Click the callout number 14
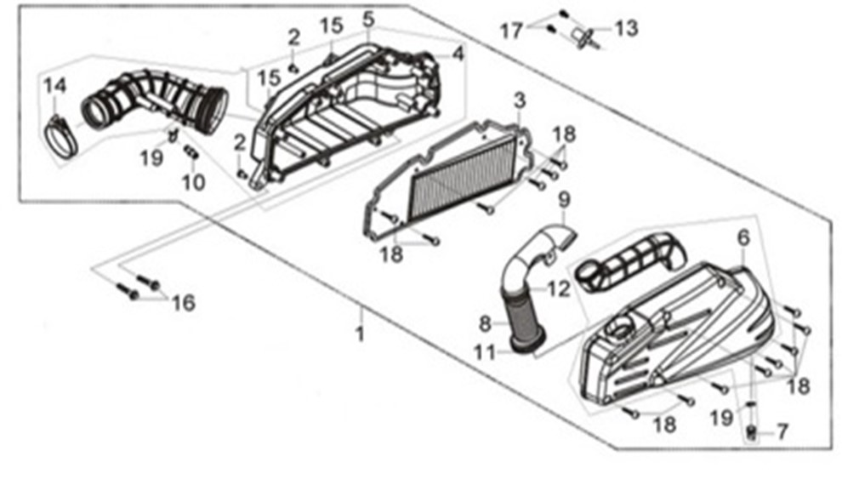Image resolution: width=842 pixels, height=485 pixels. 54,86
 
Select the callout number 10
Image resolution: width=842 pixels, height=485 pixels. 193,183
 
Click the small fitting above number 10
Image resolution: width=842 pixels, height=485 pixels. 191,151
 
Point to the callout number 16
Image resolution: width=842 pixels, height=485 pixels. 183,304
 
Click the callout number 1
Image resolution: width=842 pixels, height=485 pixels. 361,334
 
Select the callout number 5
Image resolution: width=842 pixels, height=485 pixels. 368,20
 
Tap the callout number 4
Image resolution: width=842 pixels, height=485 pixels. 458,54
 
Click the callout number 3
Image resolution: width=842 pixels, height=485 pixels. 520,100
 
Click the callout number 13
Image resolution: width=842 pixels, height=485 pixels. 626,27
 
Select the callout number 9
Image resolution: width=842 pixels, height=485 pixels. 564,200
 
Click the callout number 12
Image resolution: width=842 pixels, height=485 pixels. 559,289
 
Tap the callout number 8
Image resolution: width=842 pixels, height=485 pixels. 485,324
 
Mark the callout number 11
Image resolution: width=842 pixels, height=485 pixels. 485,352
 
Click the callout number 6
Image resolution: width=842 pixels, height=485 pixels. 743,238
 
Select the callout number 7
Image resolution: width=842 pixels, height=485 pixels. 782,431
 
